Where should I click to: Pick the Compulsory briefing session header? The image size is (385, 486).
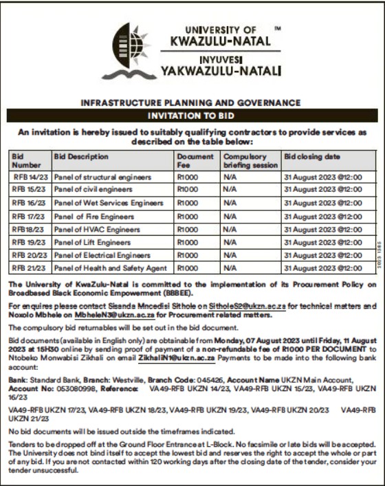(x=250, y=161)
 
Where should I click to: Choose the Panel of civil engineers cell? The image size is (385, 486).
(x=93, y=189)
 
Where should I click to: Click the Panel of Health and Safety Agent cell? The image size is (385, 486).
(x=110, y=268)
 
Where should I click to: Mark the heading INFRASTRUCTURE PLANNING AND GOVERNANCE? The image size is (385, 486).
(x=190, y=102)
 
